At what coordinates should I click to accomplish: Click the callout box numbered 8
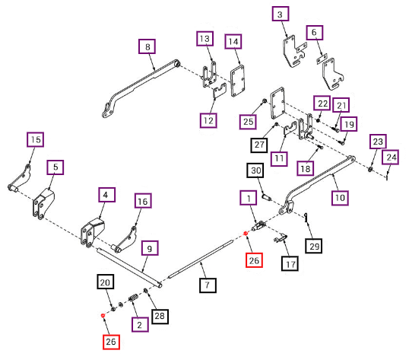(x=147, y=46)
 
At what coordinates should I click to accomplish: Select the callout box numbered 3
(x=281, y=14)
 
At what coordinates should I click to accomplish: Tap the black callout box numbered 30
(x=255, y=170)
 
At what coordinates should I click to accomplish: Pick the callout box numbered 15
(x=35, y=139)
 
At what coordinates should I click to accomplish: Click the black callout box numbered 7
(x=208, y=285)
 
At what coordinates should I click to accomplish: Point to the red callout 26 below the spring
(x=111, y=342)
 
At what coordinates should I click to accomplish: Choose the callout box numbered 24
(x=390, y=157)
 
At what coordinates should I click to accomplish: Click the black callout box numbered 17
(x=290, y=263)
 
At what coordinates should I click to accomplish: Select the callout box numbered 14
(x=233, y=42)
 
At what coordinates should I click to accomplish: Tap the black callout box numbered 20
(x=106, y=282)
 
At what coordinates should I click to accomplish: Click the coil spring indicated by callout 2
(x=133, y=298)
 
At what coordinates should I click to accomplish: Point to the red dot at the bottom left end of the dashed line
(x=103, y=315)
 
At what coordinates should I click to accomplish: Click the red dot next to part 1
(x=246, y=234)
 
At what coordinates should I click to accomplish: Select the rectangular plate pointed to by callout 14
(x=237, y=81)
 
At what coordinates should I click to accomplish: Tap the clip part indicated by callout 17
(x=281, y=238)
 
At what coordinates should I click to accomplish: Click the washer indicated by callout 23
(x=370, y=169)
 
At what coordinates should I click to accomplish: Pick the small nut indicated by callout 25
(x=265, y=100)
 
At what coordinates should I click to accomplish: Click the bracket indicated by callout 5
(x=43, y=204)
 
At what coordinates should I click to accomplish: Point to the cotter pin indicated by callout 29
(x=306, y=217)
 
